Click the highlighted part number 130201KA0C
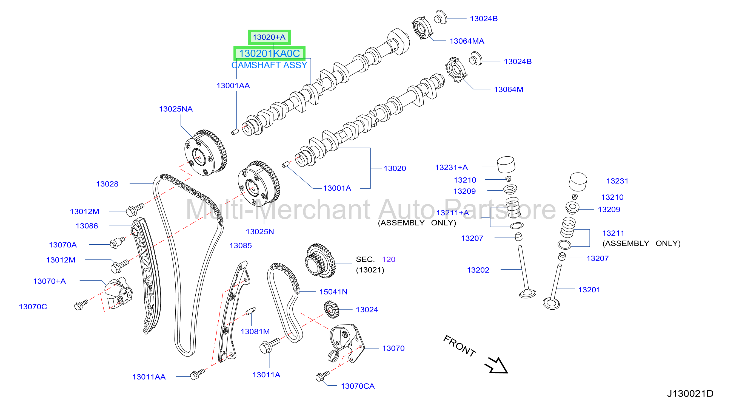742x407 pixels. pyautogui.click(x=269, y=53)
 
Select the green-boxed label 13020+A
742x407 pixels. pyautogui.click(x=269, y=37)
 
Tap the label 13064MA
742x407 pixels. pyautogui.click(x=467, y=41)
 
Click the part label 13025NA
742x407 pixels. pyautogui.click(x=176, y=109)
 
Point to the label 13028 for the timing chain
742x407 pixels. pyautogui.click(x=107, y=184)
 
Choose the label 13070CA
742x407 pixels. pyautogui.click(x=358, y=386)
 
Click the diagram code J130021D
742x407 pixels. pyautogui.click(x=690, y=394)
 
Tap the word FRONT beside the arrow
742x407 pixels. pyautogui.click(x=460, y=346)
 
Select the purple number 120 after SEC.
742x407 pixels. pyautogui.click(x=389, y=259)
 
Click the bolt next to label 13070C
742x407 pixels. pyautogui.click(x=81, y=305)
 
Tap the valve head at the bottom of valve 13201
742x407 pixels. pyautogui.click(x=551, y=304)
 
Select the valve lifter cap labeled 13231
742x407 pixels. pyautogui.click(x=578, y=182)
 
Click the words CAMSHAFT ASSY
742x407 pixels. pyautogui.click(x=269, y=65)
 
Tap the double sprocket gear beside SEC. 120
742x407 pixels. pyautogui.click(x=320, y=261)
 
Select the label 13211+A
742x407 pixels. pyautogui.click(x=453, y=213)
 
